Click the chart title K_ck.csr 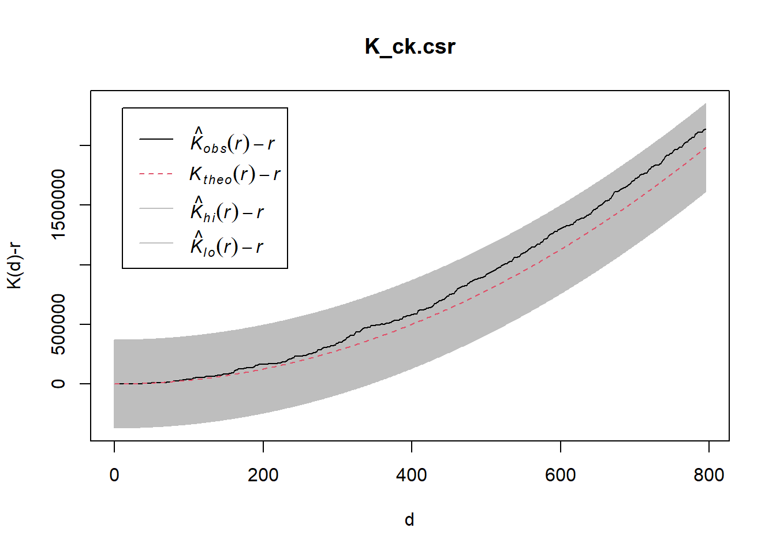tap(410, 47)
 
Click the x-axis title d tap(409, 520)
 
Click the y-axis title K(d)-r tap(14, 265)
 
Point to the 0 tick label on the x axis tap(114, 475)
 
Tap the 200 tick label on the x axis tap(263, 475)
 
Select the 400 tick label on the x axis tap(412, 475)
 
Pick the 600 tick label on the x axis tap(560, 475)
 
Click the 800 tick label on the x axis tap(708, 475)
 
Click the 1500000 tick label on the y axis tap(58, 204)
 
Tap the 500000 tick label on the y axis tap(58, 324)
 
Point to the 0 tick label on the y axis tap(58, 384)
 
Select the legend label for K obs tap(233, 140)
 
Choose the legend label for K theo tap(234, 174)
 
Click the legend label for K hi tap(227, 210)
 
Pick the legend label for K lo tap(226, 245)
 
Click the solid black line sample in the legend tap(156, 139)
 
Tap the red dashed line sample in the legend tap(156, 174)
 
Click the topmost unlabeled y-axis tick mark tap(85, 145)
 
